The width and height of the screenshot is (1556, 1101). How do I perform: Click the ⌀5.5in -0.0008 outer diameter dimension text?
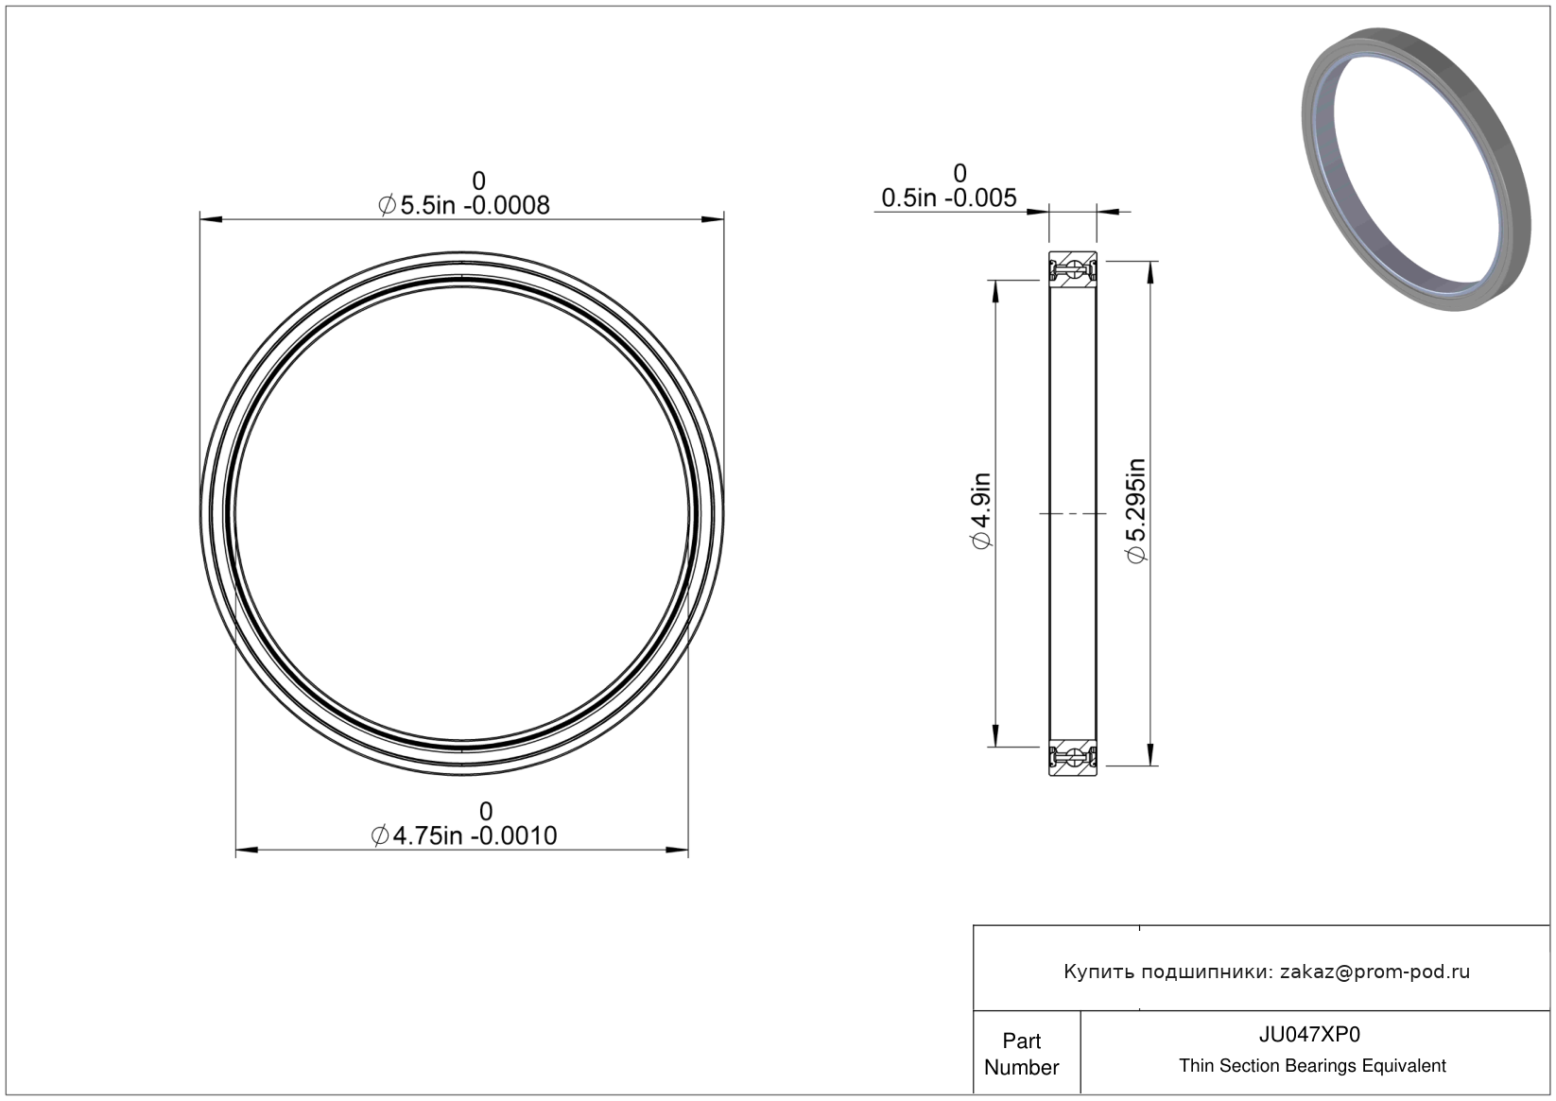(x=463, y=205)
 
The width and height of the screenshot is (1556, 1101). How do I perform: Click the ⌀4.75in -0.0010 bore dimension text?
(x=463, y=835)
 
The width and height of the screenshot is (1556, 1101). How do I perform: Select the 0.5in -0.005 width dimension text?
(x=949, y=198)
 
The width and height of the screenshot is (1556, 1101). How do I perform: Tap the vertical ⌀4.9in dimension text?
(x=981, y=510)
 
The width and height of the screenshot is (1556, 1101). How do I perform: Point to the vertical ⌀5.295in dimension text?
(x=1136, y=510)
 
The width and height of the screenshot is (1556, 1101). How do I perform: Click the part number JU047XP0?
(x=1309, y=1035)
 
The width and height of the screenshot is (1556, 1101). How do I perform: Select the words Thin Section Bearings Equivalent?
(x=1312, y=1066)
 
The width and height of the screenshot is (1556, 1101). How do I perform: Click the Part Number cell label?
(x=1021, y=1054)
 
